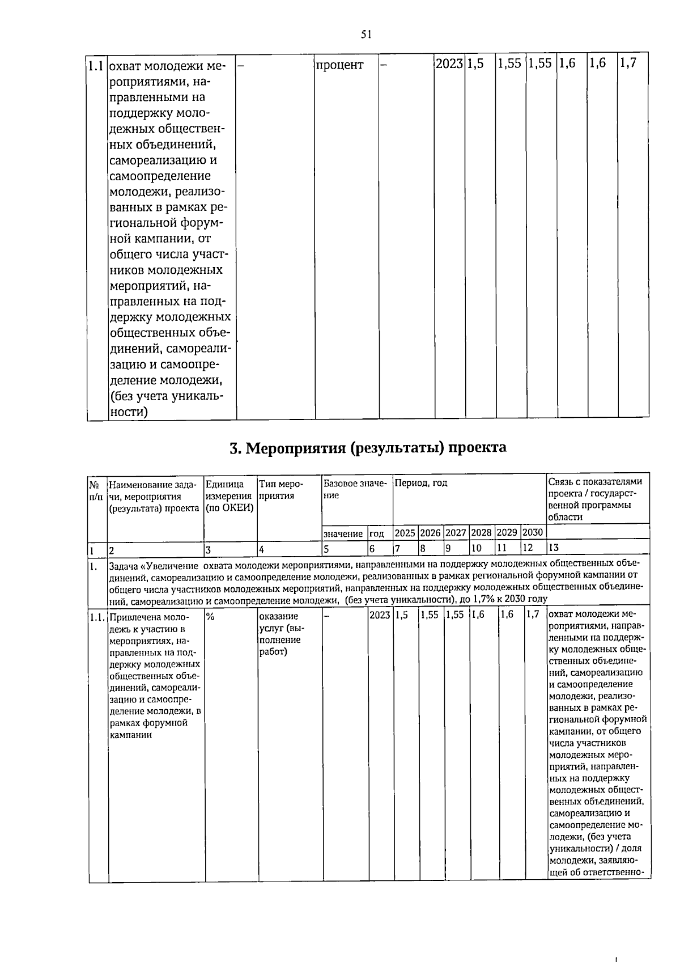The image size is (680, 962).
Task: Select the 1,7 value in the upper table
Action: pyautogui.click(x=628, y=63)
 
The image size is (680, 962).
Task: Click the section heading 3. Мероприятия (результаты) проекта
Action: pyautogui.click(x=368, y=448)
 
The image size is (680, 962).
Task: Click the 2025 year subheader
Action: pyautogui.click(x=405, y=533)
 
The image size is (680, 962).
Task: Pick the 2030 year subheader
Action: pyautogui.click(x=532, y=533)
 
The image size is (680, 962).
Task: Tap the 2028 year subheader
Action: pyautogui.click(x=481, y=533)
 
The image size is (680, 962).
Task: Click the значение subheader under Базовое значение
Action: pyautogui.click(x=343, y=533)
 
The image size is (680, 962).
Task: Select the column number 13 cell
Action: pyautogui.click(x=554, y=548)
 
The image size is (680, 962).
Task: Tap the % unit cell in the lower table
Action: pyautogui.click(x=210, y=616)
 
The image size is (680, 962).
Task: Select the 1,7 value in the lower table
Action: pyautogui.click(x=532, y=615)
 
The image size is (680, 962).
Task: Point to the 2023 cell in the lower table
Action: pyautogui.click(x=379, y=615)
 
